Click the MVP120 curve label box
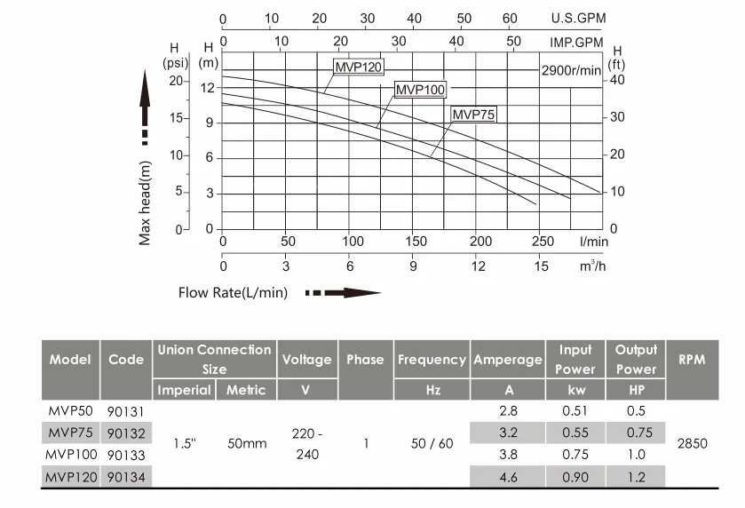(360, 67)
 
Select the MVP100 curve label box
(420, 89)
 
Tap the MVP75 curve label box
(473, 114)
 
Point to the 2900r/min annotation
(571, 71)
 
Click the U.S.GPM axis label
(576, 18)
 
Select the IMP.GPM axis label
(576, 42)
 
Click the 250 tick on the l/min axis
(542, 241)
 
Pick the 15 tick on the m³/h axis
(542, 266)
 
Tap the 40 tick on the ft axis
(617, 80)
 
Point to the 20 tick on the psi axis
(175, 81)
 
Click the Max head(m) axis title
(146, 201)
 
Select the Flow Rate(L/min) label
(233, 292)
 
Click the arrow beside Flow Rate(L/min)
(344, 292)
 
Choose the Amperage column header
(507, 360)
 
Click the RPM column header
(692, 360)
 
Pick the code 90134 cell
(126, 478)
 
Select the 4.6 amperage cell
(509, 478)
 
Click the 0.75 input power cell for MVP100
(575, 455)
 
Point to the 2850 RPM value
(692, 443)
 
